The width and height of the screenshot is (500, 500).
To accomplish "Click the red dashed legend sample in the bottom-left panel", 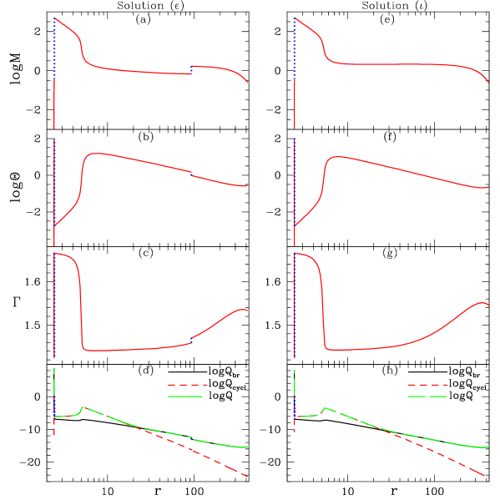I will point(187,385).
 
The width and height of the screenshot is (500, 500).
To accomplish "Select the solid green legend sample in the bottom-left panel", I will point(187,396).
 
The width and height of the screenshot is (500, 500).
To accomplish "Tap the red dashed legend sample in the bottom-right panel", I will point(427,385).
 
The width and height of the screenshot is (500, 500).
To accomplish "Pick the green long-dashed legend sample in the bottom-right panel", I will point(427,396).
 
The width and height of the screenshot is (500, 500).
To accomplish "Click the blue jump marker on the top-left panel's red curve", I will point(192,69).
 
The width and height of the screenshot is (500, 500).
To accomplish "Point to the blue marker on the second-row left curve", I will point(192,174).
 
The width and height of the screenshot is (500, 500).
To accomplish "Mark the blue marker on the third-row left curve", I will point(192,339).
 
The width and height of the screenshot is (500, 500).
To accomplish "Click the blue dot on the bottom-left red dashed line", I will point(191,449).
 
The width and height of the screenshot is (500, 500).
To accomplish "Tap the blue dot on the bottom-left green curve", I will point(191,437).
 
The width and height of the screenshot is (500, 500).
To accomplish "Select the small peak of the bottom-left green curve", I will point(83,407).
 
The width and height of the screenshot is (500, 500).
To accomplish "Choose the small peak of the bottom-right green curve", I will point(324,407).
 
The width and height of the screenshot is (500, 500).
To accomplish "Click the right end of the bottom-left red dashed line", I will point(248,477).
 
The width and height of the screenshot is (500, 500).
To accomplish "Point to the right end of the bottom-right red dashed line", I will point(488,477).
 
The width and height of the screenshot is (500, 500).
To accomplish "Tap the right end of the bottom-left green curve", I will point(248,447).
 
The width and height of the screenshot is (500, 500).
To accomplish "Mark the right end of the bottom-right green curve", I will point(488,447).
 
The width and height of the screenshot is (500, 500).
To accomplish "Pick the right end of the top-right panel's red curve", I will point(488,83).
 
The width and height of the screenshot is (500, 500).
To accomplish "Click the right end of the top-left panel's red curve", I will point(248,83).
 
